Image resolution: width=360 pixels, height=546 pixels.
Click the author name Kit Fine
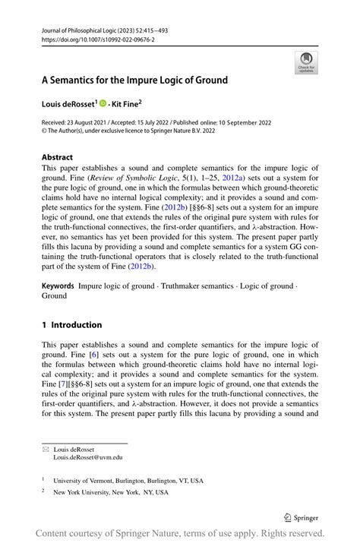tap(127, 103)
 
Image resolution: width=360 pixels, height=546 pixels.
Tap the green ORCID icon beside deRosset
tap(103, 103)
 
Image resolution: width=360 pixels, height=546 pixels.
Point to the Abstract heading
tap(57, 157)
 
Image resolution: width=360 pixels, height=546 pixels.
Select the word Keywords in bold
tap(58, 286)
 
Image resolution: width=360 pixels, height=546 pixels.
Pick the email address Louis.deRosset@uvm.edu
tap(87, 457)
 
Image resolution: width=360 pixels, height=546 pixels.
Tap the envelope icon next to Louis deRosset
tap(44, 450)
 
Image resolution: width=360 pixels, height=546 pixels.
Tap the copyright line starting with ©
tap(118, 131)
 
